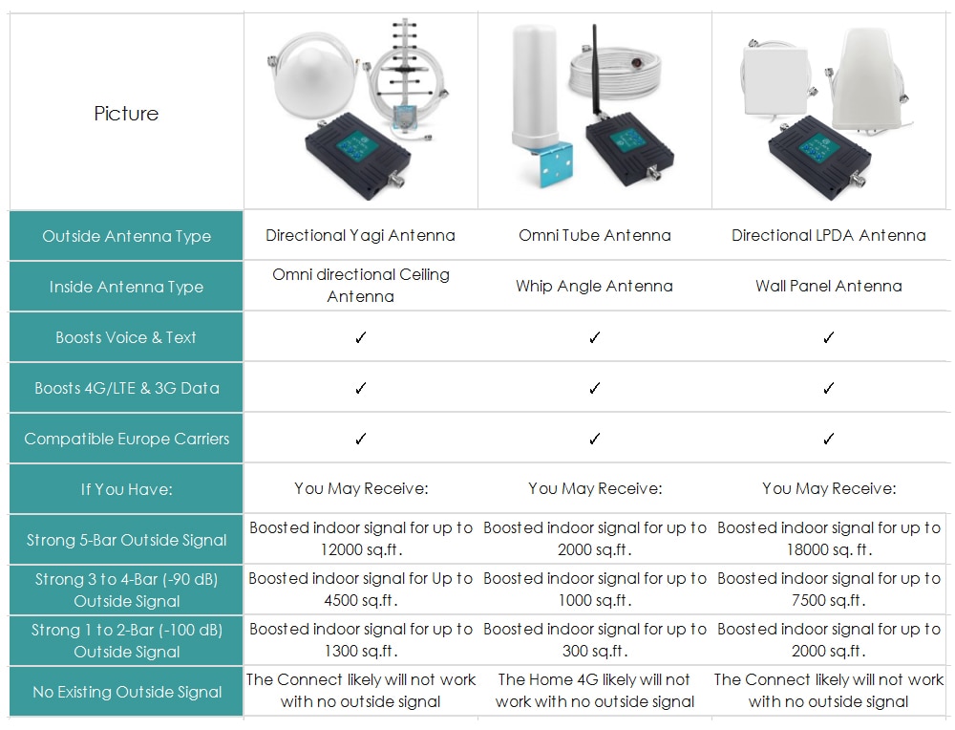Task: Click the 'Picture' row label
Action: pyautogui.click(x=126, y=114)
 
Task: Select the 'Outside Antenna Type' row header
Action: pyautogui.click(x=126, y=236)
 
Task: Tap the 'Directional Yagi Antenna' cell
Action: pyautogui.click(x=361, y=235)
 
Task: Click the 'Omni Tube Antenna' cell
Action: pyautogui.click(x=594, y=235)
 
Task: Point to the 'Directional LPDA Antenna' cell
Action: pyautogui.click(x=828, y=235)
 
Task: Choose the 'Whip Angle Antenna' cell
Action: pyautogui.click(x=594, y=286)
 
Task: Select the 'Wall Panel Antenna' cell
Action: pyautogui.click(x=828, y=286)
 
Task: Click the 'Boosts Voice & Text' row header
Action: pyautogui.click(x=126, y=337)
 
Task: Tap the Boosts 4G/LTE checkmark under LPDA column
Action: pyautogui.click(x=828, y=388)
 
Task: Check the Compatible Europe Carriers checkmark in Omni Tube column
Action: pyautogui.click(x=594, y=439)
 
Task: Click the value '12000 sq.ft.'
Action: pyautogui.click(x=361, y=549)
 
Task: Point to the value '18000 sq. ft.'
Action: pyautogui.click(x=829, y=549)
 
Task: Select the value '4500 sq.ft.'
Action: pyautogui.click(x=361, y=600)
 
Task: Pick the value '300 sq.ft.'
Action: pyautogui.click(x=594, y=651)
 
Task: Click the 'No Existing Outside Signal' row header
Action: pyautogui.click(x=126, y=692)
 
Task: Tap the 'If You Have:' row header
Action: pyautogui.click(x=126, y=488)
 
